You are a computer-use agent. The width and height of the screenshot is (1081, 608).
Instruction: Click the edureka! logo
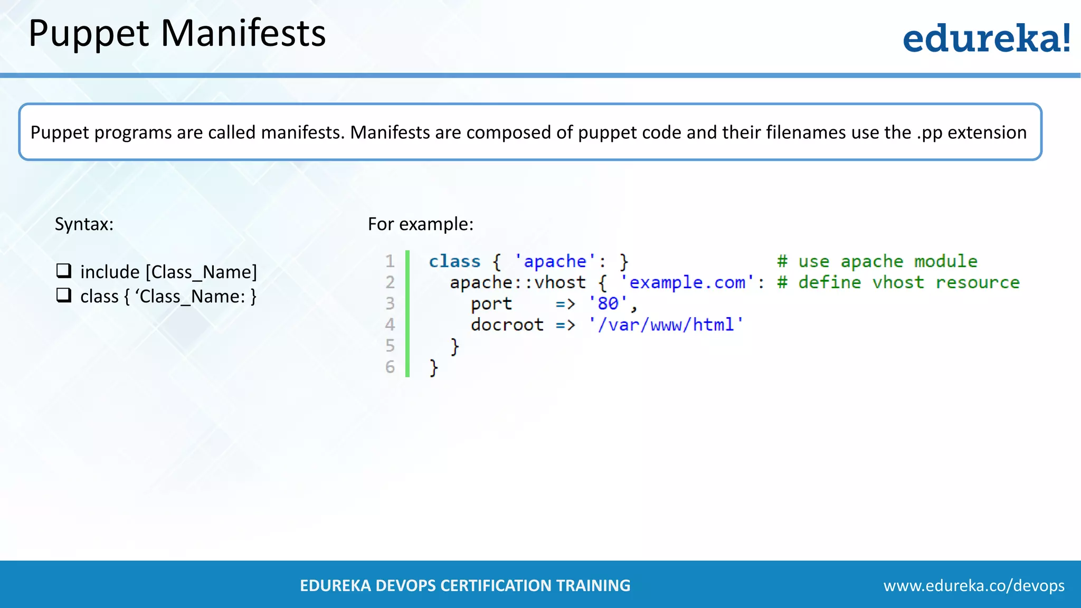986,38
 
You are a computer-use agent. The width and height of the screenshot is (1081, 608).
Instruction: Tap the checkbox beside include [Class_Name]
64,271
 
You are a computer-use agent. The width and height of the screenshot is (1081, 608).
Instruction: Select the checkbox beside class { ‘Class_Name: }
64,295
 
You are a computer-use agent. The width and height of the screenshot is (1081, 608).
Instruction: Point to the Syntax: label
84,224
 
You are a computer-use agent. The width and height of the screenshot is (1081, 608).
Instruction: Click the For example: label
420,224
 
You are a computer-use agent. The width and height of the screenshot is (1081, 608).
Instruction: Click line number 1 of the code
390,261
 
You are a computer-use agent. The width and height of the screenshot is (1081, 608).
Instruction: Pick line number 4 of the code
390,325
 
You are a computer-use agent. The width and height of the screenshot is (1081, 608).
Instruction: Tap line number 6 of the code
390,367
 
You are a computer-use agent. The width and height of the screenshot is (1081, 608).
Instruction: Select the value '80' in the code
608,303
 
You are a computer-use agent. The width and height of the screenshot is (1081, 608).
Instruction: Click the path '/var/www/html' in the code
666,325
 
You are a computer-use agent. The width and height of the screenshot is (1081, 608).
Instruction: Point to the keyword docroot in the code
507,325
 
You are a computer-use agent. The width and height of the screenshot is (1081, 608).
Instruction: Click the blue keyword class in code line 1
454,261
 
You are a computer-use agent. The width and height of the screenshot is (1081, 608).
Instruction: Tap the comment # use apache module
877,261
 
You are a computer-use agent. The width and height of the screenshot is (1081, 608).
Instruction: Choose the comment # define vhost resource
898,282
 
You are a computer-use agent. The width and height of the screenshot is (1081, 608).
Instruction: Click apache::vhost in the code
517,282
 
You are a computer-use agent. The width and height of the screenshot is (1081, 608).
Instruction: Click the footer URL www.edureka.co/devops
974,585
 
